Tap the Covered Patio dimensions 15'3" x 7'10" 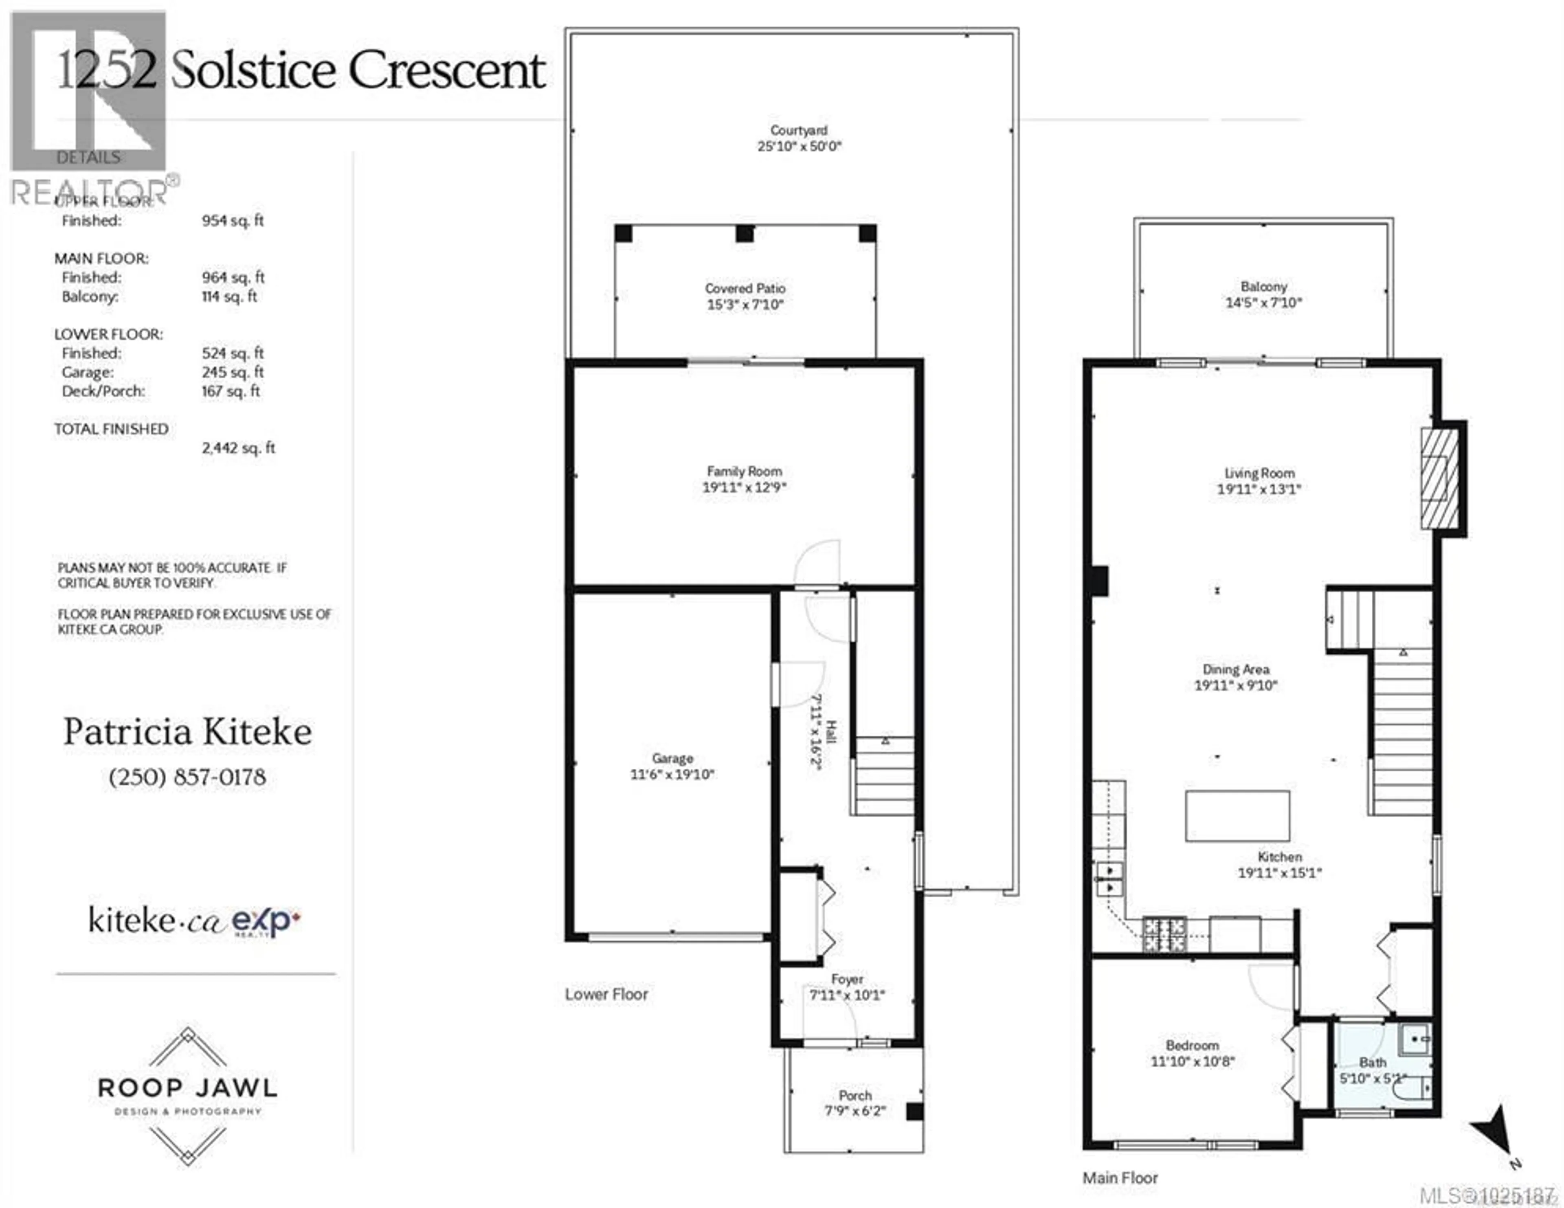click(x=745, y=304)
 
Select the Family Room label click(x=744, y=471)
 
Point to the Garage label click(x=672, y=758)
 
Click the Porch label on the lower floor click(x=855, y=1095)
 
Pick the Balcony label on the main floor click(x=1264, y=286)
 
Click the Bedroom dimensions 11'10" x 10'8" click(x=1192, y=1061)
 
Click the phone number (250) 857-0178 click(x=188, y=777)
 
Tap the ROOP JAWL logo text click(x=188, y=1088)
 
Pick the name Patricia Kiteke click(x=188, y=732)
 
